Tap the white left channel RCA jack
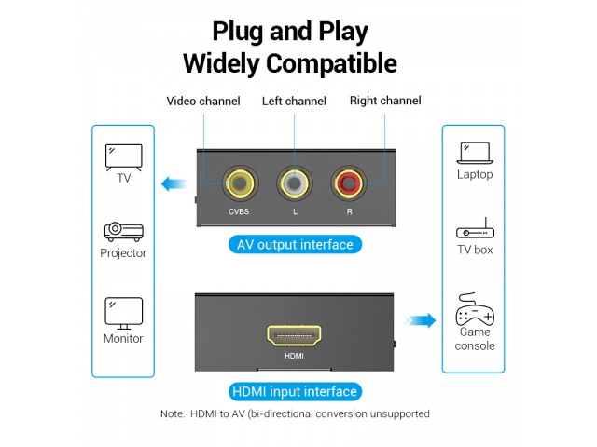[295, 183]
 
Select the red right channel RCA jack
[351, 183]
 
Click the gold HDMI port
[294, 335]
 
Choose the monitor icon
[123, 310]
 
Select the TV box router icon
[475, 231]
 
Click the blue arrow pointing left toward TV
[174, 183]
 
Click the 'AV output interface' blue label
[295, 245]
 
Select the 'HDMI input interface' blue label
[294, 392]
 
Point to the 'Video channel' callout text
[203, 101]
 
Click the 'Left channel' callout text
[294, 101]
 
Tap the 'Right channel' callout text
[385, 101]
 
